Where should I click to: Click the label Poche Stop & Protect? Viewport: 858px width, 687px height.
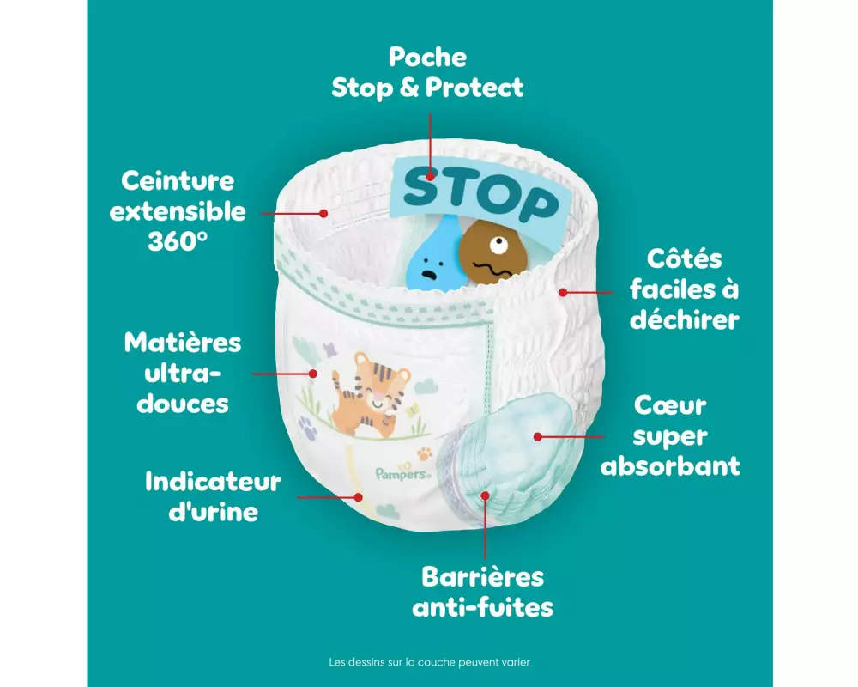pos(427,72)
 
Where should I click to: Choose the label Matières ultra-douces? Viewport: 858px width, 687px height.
pos(183,374)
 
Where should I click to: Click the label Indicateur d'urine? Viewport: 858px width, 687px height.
pos(213,496)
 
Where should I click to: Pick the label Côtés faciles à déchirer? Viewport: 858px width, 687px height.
pos(683,289)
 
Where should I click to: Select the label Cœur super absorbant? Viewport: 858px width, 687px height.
pos(670,435)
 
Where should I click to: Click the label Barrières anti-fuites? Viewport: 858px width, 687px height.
pos(482,593)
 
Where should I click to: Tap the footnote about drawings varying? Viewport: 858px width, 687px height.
pos(430,662)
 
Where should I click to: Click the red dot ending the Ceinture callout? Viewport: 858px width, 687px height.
pos(324,212)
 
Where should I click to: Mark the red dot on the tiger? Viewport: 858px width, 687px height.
pos(314,374)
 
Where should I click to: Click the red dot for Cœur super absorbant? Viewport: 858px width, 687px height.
pos(538,436)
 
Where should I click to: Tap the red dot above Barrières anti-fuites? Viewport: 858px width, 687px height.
pos(485,495)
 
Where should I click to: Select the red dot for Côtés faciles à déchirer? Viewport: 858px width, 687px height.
pos(563,293)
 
